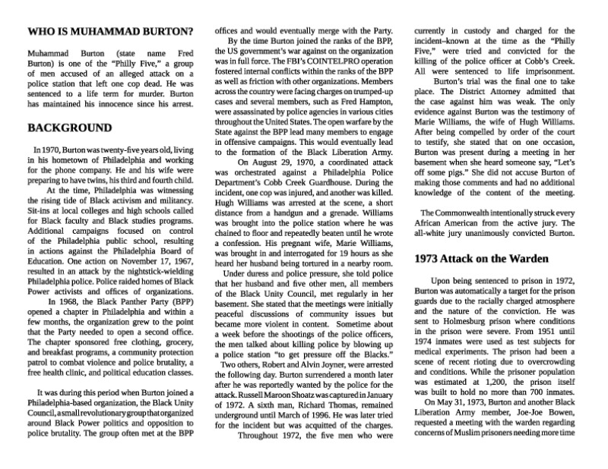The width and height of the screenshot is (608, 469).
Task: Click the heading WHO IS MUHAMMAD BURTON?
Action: click(x=109, y=32)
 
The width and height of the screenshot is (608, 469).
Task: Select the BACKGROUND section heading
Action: click(x=70, y=127)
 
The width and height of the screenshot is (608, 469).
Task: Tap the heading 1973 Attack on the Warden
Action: click(x=481, y=258)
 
